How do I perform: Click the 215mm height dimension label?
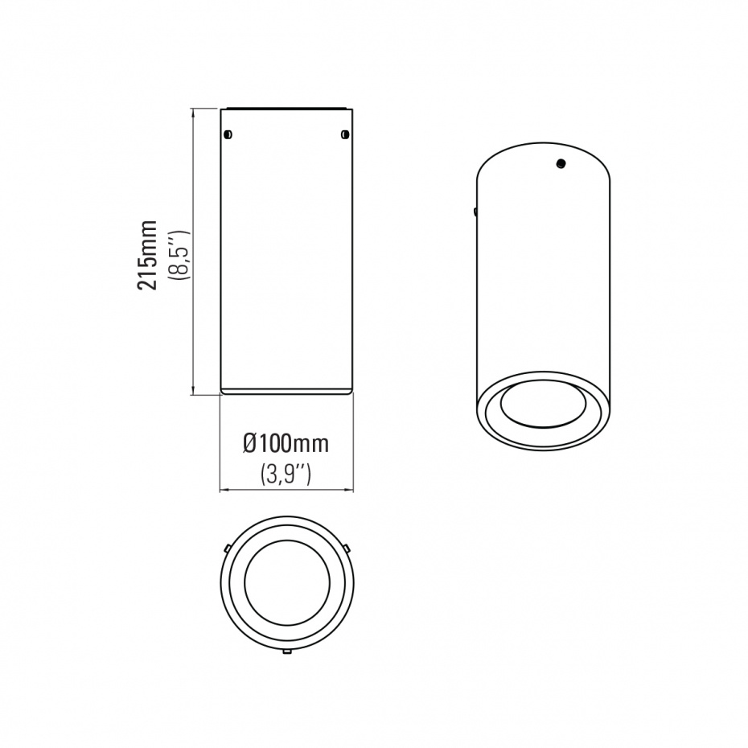pyautogui.click(x=147, y=255)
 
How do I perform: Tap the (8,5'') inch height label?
pyautogui.click(x=183, y=255)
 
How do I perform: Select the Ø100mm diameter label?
pyautogui.click(x=286, y=444)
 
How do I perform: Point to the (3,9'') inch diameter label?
pyautogui.click(x=286, y=475)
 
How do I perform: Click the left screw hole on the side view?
pyautogui.click(x=228, y=134)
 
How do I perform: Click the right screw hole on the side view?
pyautogui.click(x=345, y=134)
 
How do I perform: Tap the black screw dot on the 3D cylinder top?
pyautogui.click(x=561, y=163)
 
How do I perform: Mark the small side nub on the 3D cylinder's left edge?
pyautogui.click(x=475, y=212)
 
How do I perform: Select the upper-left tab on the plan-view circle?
pyautogui.click(x=228, y=547)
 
